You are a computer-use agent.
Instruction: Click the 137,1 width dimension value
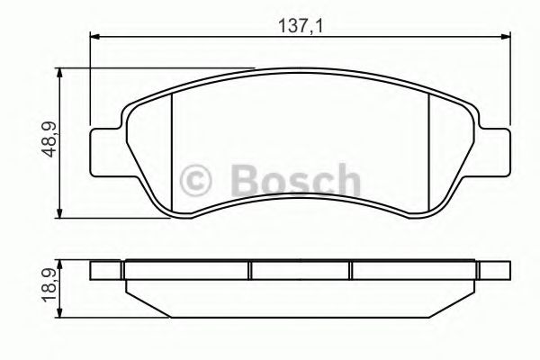tap(301, 26)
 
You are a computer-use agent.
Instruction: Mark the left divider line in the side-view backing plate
tap(249, 270)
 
